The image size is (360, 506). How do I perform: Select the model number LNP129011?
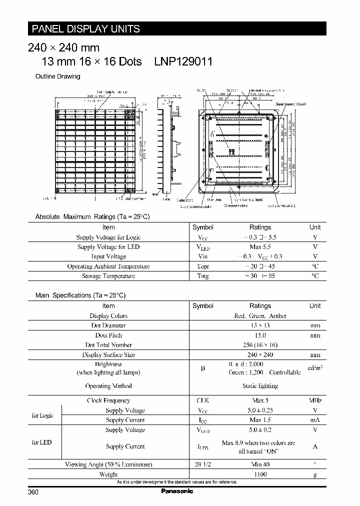[x=183, y=61]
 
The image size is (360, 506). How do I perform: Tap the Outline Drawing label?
[x=57, y=76]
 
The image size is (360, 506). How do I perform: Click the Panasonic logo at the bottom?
[x=177, y=491]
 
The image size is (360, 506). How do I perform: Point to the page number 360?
[x=33, y=492]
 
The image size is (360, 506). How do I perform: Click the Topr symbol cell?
[x=203, y=266]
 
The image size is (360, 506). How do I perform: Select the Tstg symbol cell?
[x=203, y=276]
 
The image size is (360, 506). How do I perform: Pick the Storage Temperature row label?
[x=108, y=276]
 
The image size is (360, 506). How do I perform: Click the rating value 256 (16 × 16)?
[x=260, y=345]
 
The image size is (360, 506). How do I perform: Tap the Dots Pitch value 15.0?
[x=260, y=335]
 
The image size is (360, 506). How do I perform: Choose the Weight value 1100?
[x=260, y=474]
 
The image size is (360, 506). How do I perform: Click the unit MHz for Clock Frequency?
[x=315, y=400]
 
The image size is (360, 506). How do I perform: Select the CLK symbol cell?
[x=203, y=400]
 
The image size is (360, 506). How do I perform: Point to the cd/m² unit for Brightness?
[x=315, y=368]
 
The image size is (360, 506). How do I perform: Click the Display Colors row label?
[x=108, y=316]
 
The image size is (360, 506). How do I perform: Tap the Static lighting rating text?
[x=260, y=386]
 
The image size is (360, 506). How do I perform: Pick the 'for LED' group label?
[x=42, y=442]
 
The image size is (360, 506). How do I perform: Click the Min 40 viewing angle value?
[x=260, y=464]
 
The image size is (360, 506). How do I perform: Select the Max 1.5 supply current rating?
[x=260, y=420]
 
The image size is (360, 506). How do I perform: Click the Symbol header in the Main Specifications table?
[x=203, y=306]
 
